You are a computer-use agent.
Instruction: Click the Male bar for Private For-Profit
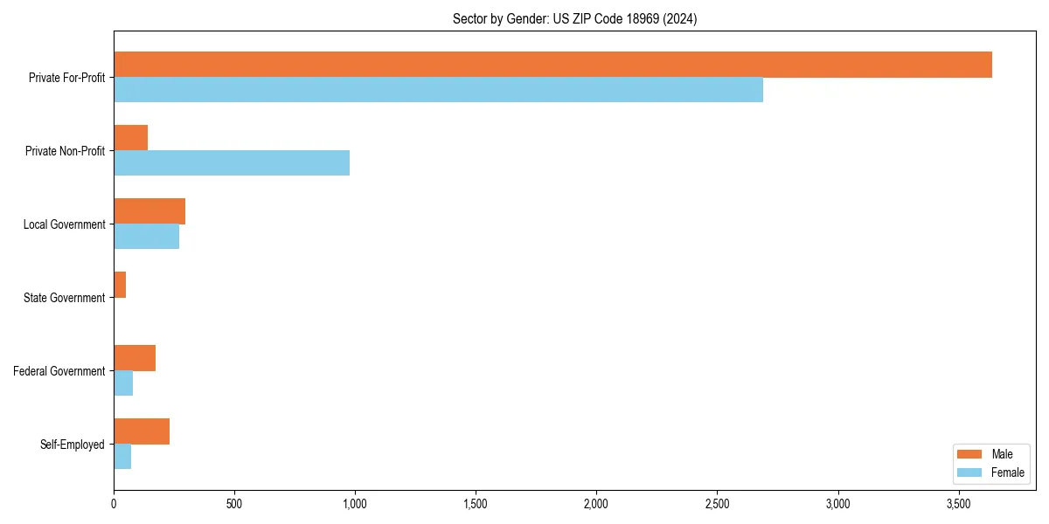click(x=552, y=65)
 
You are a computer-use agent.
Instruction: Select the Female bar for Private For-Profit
click(x=438, y=90)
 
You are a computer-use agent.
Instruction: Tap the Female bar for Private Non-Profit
click(x=232, y=163)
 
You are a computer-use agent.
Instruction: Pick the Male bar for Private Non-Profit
click(x=130, y=138)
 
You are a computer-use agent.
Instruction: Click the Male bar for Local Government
click(x=149, y=211)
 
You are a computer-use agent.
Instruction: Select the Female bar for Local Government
click(x=146, y=237)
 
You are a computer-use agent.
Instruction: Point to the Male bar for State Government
click(x=120, y=285)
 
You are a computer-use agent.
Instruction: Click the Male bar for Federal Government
click(x=135, y=358)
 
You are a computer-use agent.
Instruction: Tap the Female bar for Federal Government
click(x=123, y=383)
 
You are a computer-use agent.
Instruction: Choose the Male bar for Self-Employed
click(x=142, y=431)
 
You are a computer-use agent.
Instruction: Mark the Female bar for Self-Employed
click(x=122, y=457)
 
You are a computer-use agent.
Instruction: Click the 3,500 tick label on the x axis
click(x=958, y=505)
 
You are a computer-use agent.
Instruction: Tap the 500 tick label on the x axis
click(x=234, y=505)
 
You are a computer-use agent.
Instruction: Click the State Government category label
click(x=64, y=298)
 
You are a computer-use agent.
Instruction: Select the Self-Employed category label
click(x=72, y=445)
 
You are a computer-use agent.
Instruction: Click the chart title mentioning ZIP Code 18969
click(x=574, y=18)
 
